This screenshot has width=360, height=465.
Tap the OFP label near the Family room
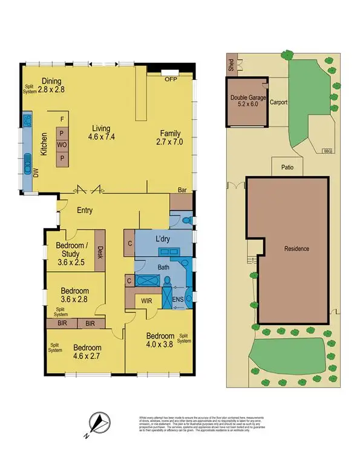(x=170, y=77)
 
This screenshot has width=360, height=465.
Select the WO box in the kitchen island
(x=62, y=145)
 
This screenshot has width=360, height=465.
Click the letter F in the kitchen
(x=62, y=120)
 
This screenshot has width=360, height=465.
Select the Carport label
(x=278, y=102)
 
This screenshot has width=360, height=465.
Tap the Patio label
(x=287, y=168)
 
